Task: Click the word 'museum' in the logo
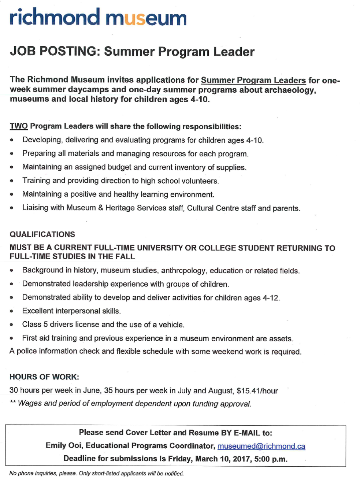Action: click(x=146, y=18)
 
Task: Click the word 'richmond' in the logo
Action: click(x=55, y=18)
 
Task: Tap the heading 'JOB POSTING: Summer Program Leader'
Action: click(x=132, y=52)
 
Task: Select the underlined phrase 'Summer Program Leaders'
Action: click(x=253, y=80)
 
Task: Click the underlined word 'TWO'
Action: click(x=19, y=126)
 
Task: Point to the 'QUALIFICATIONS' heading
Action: click(x=42, y=234)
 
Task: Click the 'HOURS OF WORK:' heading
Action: click(x=44, y=377)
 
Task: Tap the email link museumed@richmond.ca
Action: click(x=261, y=446)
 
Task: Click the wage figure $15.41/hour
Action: click(x=257, y=391)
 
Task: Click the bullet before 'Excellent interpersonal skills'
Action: click(x=12, y=311)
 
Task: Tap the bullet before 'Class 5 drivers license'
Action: click(x=12, y=325)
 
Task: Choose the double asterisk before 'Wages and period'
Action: click(x=12, y=403)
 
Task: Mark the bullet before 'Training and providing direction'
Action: click(x=12, y=181)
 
